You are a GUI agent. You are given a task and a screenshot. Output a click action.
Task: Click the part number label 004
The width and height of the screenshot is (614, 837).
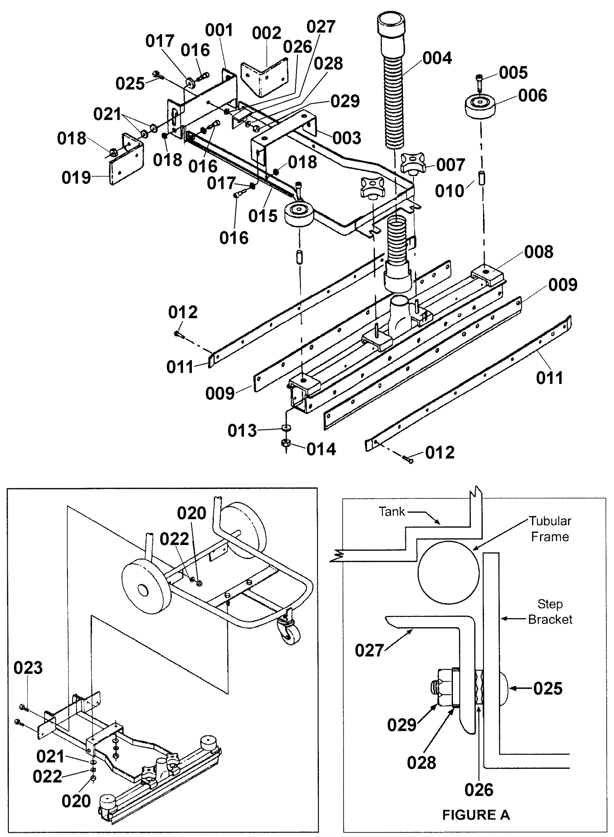tap(437, 58)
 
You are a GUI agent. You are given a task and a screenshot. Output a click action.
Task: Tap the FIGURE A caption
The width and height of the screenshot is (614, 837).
tap(476, 815)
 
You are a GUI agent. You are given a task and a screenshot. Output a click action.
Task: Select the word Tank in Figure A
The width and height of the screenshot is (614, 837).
tap(392, 511)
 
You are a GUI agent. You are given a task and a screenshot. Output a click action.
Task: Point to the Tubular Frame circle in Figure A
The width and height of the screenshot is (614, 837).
tap(448, 573)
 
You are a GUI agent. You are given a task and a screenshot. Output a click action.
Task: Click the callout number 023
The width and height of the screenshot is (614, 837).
tap(28, 668)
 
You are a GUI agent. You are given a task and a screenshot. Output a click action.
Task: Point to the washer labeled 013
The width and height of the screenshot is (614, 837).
tap(286, 427)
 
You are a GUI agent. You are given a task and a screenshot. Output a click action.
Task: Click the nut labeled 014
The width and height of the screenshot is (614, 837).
tap(286, 443)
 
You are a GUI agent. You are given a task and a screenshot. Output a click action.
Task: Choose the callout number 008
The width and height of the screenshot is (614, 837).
tap(539, 252)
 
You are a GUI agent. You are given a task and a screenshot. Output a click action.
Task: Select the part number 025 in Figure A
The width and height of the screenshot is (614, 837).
tap(548, 689)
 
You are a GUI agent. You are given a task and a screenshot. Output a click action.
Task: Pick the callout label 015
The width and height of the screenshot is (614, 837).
tap(263, 216)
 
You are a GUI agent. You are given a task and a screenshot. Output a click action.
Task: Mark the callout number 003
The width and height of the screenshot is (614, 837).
tap(347, 138)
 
